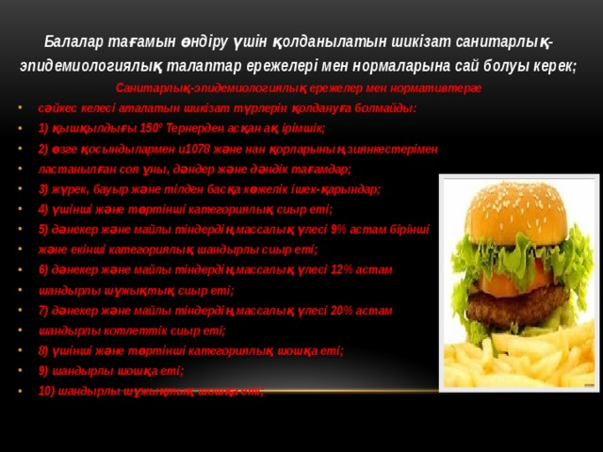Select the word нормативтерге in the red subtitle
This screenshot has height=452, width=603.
[437, 88]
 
